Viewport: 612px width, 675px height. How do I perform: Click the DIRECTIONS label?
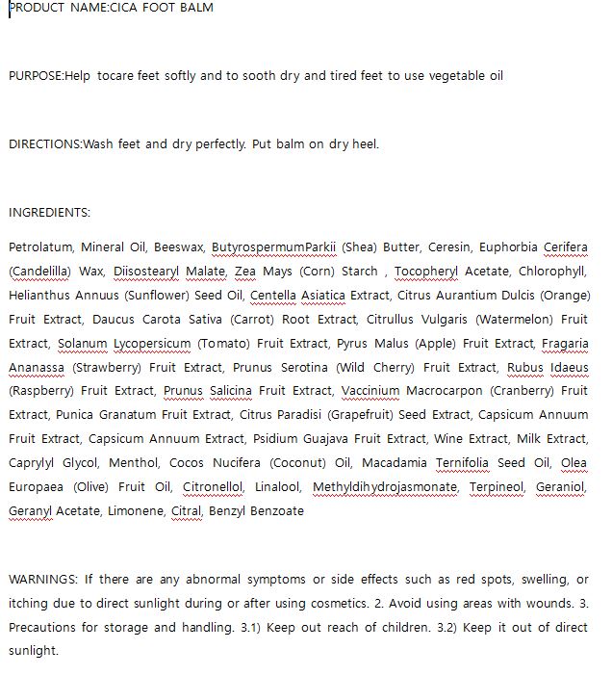pos(44,144)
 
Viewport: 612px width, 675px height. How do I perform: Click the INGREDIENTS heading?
pos(49,213)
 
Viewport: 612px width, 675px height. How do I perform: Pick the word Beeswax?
pos(179,247)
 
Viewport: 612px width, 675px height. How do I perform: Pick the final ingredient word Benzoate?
pos(277,511)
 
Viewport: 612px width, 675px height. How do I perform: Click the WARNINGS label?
pos(43,580)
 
